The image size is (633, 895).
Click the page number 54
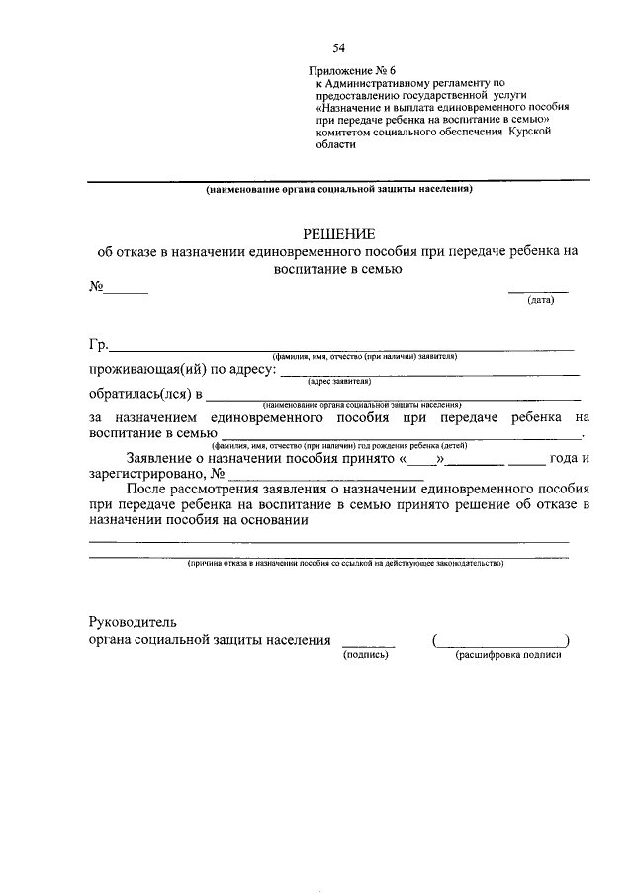340,47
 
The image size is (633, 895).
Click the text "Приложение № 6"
353,72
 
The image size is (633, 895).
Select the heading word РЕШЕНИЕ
338,234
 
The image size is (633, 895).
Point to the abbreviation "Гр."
97,345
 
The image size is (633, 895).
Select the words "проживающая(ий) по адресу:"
179,370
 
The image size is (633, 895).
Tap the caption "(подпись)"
367,655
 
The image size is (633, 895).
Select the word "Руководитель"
132,623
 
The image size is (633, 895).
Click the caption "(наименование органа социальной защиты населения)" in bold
339,188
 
